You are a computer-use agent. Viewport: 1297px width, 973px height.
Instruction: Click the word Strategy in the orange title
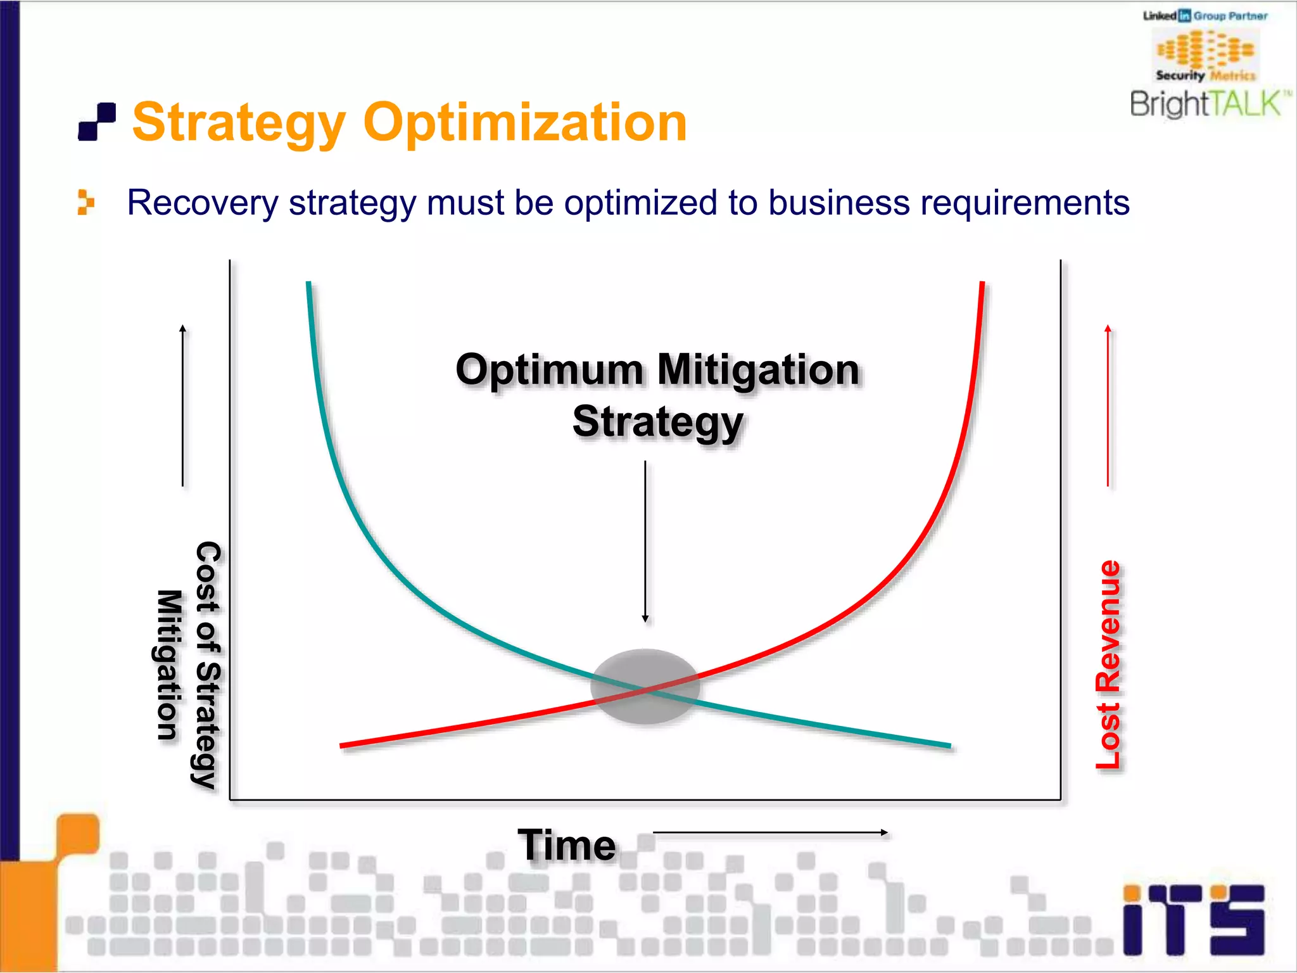tap(239, 124)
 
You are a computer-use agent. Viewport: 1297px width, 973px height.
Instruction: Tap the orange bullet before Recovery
tap(85, 203)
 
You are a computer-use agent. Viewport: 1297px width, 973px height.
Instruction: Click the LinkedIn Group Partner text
tap(1205, 16)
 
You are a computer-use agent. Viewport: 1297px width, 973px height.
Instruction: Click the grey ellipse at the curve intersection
tap(645, 686)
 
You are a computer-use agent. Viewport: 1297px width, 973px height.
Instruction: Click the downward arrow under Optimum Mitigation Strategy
tap(645, 542)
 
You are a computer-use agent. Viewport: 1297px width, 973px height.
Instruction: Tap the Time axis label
tap(567, 845)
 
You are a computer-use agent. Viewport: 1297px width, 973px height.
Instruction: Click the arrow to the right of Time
tap(770, 833)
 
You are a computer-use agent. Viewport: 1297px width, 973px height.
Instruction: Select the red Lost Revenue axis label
tap(1108, 665)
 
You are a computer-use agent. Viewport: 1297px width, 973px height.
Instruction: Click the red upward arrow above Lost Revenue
tap(1108, 405)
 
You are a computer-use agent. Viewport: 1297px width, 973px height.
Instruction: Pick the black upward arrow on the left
tap(183, 405)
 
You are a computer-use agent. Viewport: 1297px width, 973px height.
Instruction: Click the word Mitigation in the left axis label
tap(169, 665)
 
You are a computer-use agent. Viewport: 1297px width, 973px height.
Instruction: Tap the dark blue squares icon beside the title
tap(97, 122)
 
